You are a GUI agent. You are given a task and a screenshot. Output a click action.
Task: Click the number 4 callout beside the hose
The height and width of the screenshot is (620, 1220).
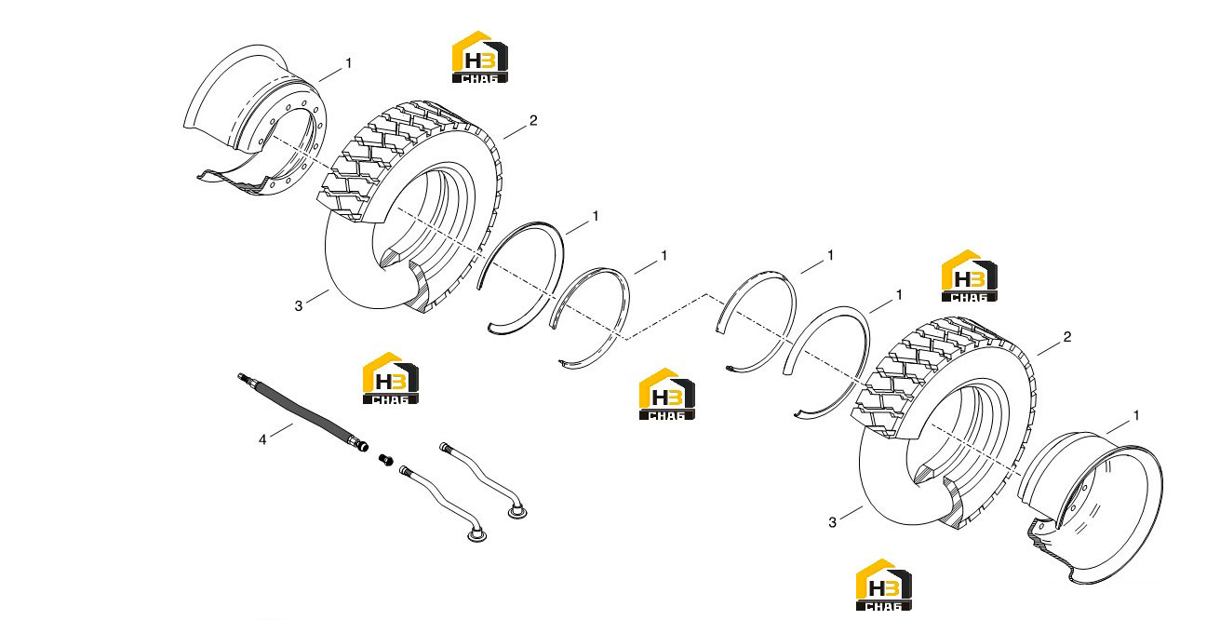point(262,439)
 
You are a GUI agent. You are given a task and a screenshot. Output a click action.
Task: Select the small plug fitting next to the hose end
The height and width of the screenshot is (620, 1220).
point(386,460)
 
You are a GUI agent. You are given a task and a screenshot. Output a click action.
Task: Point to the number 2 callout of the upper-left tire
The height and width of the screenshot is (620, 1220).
point(533,120)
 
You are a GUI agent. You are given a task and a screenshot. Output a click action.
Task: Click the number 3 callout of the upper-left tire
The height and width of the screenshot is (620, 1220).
point(299,306)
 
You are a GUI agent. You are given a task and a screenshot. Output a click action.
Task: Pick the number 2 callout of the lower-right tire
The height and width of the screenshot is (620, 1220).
point(1067,337)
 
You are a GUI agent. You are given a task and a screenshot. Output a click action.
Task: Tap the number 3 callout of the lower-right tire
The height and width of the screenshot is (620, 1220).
point(832,522)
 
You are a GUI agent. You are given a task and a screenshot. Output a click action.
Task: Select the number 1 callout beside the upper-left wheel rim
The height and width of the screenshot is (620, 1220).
point(349,63)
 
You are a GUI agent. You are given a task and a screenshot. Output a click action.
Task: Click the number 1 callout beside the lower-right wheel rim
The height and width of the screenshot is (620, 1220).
point(1136,416)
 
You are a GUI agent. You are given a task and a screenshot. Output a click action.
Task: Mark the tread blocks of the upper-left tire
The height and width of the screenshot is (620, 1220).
point(382,153)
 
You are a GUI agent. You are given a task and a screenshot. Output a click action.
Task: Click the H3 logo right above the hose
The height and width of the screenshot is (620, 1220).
point(391,378)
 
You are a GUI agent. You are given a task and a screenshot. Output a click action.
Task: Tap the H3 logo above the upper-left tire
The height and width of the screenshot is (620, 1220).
point(480,57)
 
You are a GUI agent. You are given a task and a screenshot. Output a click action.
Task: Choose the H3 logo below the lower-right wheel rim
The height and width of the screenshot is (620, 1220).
point(883,585)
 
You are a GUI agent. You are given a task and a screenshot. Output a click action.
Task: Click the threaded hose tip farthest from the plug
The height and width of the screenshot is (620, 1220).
point(242,376)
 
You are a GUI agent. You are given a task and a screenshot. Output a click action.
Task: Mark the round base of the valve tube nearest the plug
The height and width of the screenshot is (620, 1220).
point(477,536)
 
